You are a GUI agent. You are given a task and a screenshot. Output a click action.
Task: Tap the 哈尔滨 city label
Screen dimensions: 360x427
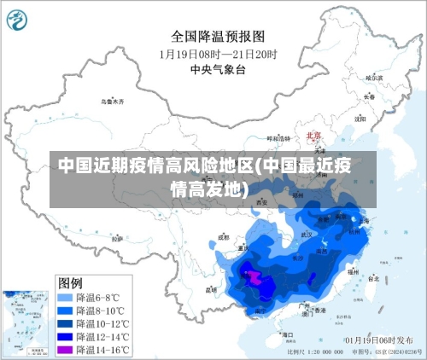373,78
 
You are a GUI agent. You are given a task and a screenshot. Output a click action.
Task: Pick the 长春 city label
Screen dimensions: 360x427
369,96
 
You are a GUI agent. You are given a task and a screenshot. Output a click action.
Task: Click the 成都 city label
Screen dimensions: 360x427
223,237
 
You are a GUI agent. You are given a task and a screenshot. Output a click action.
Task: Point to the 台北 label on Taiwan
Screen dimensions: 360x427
373,278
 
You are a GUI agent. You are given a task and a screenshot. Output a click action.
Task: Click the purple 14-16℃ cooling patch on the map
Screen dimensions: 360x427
254,275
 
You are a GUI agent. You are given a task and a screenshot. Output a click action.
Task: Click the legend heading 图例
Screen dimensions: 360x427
70,282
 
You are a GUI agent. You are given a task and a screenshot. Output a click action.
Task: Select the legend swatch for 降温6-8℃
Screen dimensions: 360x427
64,298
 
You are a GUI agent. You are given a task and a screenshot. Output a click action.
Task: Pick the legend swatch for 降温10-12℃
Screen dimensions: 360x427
64,324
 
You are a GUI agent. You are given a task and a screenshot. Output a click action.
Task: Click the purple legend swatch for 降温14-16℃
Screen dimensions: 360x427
64,350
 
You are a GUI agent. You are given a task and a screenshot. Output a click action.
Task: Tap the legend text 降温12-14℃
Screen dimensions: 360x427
102,337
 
